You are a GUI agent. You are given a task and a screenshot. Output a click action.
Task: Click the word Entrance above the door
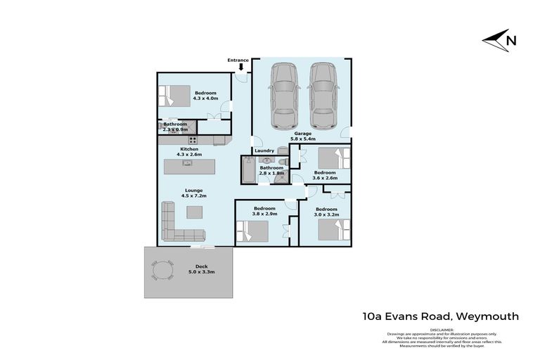click(x=238, y=60)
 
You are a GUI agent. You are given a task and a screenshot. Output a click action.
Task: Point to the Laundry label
click(x=264, y=150)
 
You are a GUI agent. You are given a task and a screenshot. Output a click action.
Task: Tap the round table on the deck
click(x=162, y=271)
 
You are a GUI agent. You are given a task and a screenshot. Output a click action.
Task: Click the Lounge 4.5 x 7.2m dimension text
click(x=194, y=193)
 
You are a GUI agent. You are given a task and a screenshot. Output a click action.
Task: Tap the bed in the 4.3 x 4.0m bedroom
click(x=174, y=94)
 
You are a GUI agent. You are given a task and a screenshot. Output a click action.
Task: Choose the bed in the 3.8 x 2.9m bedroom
click(x=254, y=229)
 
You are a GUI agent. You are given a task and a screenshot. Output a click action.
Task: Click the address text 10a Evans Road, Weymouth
click(x=442, y=316)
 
